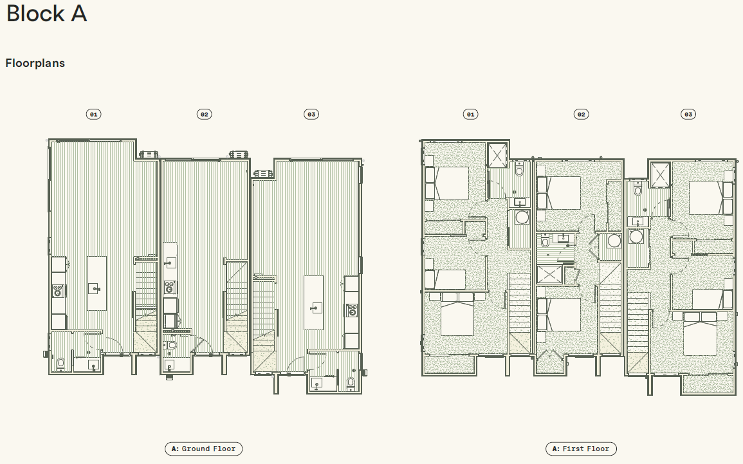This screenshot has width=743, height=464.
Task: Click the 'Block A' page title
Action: pyautogui.click(x=46, y=14)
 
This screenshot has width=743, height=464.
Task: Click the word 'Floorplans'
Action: pyautogui.click(x=35, y=63)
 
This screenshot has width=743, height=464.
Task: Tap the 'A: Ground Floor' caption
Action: pyautogui.click(x=204, y=449)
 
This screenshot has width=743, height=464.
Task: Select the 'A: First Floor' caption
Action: pyautogui.click(x=581, y=449)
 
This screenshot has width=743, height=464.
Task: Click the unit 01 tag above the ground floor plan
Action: pyautogui.click(x=94, y=114)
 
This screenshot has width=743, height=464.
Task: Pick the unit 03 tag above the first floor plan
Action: pyautogui.click(x=688, y=114)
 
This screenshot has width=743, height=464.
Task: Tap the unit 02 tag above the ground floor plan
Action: pyautogui.click(x=204, y=114)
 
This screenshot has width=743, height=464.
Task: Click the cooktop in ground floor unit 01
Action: pyautogui.click(x=59, y=290)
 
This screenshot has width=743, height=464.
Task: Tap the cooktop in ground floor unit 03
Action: pyautogui.click(x=352, y=310)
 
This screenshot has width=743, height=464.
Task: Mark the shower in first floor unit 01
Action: pyautogui.click(x=497, y=155)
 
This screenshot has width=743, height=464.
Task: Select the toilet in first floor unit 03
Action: pyautogui.click(x=638, y=190)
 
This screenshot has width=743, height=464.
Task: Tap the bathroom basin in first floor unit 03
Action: pyautogui.click(x=638, y=221)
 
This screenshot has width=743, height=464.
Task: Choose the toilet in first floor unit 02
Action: pyautogui.click(x=545, y=243)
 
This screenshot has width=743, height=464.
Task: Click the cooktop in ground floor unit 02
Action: pyautogui.click(x=170, y=287)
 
